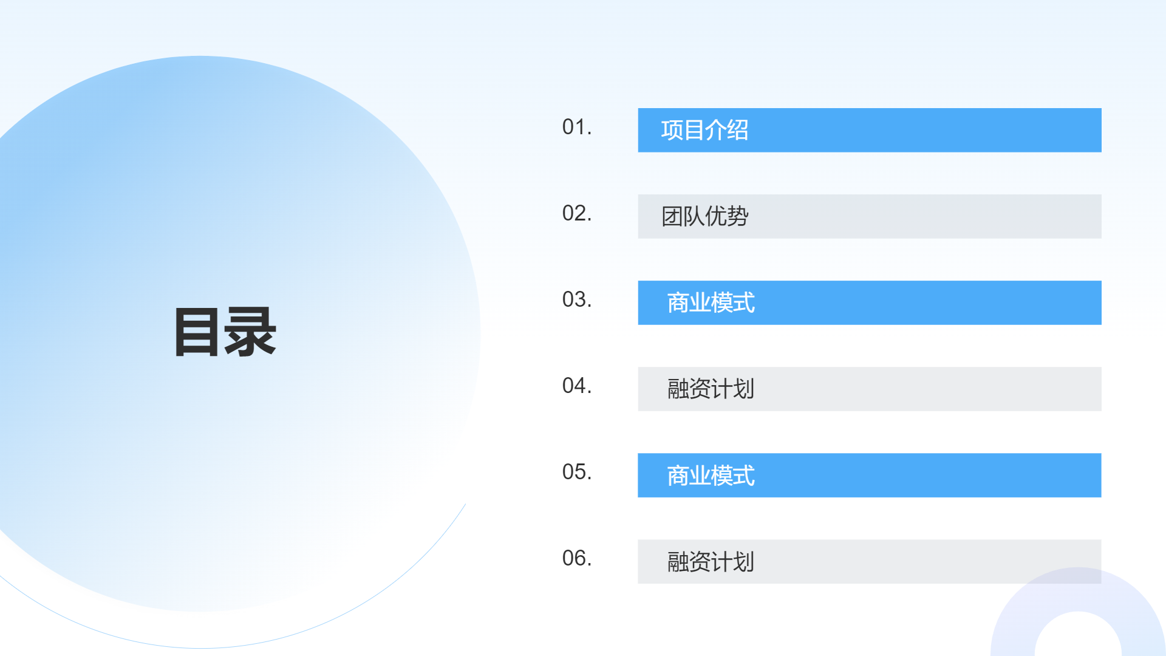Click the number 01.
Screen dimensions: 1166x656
576,127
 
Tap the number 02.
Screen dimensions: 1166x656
576,213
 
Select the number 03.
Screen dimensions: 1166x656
576,299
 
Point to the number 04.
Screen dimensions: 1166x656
576,386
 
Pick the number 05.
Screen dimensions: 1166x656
576,472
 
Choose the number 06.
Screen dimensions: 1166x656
576,558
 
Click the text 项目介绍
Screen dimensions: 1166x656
704,130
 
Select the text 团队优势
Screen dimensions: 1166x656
704,216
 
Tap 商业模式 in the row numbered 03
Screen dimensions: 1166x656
711,302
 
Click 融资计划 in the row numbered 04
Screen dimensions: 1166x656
711,389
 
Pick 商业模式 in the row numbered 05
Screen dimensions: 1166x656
711,476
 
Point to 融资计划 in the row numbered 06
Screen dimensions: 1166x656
711,562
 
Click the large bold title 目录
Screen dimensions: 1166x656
225,332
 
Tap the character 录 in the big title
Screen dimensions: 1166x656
251,332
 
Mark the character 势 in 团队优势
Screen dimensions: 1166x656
738,216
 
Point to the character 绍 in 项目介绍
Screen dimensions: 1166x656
738,130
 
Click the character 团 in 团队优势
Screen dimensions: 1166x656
672,216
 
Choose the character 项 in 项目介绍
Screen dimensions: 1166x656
672,130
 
